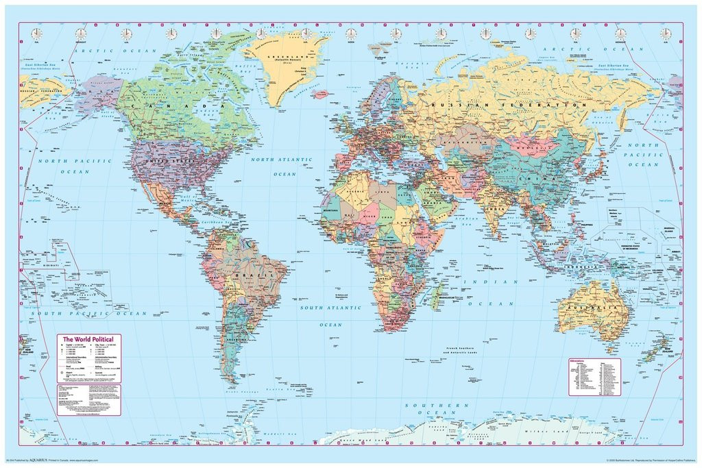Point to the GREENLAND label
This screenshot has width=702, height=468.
pyautogui.click(x=282, y=58)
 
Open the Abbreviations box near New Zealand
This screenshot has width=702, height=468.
pyautogui.click(x=594, y=376)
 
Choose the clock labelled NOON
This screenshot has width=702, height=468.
pyautogui.click(x=350, y=34)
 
